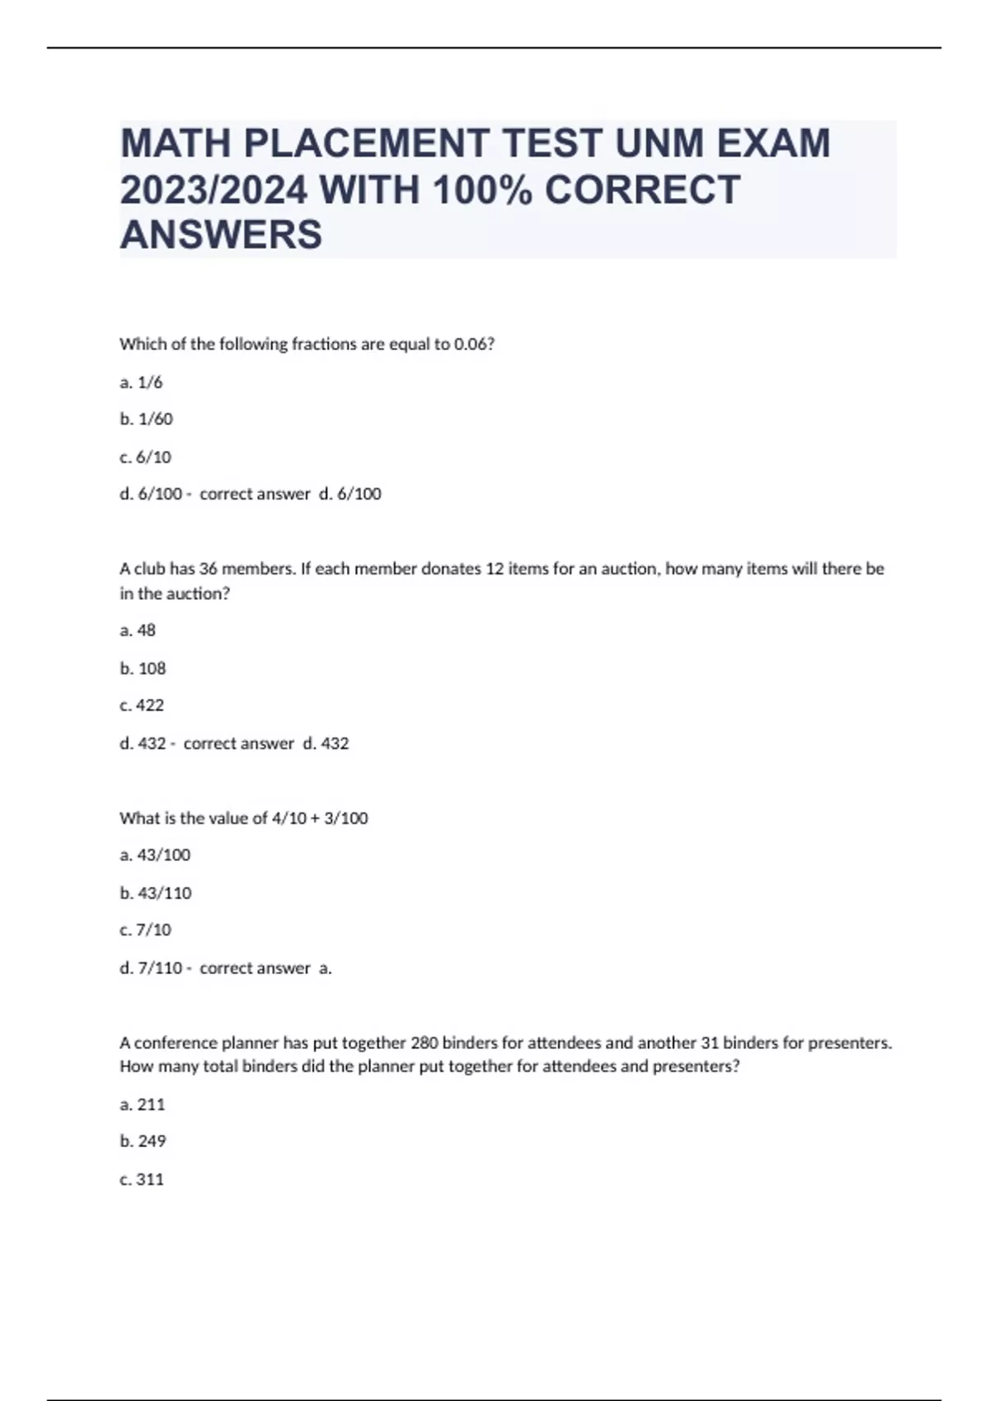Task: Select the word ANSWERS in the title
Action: pyautogui.click(x=221, y=235)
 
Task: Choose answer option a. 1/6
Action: pyautogui.click(x=141, y=382)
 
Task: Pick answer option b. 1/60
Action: pyautogui.click(x=146, y=419)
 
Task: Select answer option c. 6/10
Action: pyautogui.click(x=145, y=457)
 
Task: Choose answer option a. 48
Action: pyautogui.click(x=138, y=630)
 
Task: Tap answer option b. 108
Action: pyautogui.click(x=143, y=668)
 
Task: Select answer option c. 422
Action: pyautogui.click(x=142, y=705)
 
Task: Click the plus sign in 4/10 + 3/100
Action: pyautogui.click(x=314, y=818)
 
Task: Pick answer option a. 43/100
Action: pyautogui.click(x=155, y=855)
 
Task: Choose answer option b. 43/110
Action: pyautogui.click(x=155, y=893)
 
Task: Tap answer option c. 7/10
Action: pyautogui.click(x=145, y=930)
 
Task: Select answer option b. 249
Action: pyautogui.click(x=143, y=1141)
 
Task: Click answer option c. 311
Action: pyautogui.click(x=142, y=1179)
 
